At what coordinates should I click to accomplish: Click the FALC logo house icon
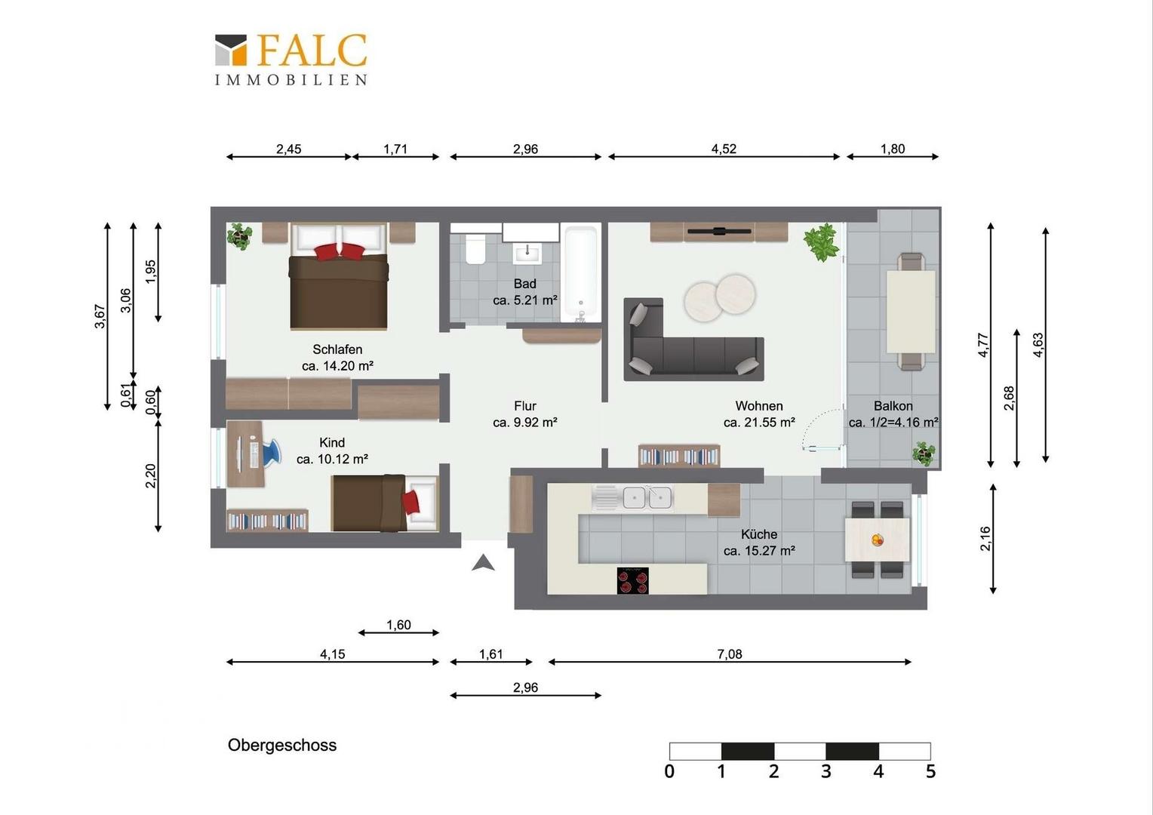click(231, 50)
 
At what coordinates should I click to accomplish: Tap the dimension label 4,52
click(724, 149)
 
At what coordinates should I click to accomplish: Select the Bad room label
click(524, 284)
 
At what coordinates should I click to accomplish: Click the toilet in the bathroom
click(475, 249)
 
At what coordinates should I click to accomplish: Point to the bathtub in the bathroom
click(580, 272)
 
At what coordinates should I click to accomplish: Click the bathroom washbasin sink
click(527, 253)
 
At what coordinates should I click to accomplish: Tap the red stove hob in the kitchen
click(632, 581)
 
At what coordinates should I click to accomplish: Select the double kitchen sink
click(647, 498)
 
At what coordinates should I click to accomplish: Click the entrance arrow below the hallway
click(483, 563)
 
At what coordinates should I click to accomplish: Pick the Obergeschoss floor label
click(282, 745)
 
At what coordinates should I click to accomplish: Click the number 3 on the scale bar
click(826, 771)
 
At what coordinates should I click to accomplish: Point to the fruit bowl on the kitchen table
click(878, 540)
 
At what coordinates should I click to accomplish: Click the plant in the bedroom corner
click(239, 235)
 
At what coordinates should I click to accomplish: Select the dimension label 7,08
click(730, 654)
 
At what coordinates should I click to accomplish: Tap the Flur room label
click(525, 406)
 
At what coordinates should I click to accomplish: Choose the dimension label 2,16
click(985, 539)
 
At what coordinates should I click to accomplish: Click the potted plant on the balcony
click(924, 454)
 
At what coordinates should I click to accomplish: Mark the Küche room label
click(759, 534)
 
